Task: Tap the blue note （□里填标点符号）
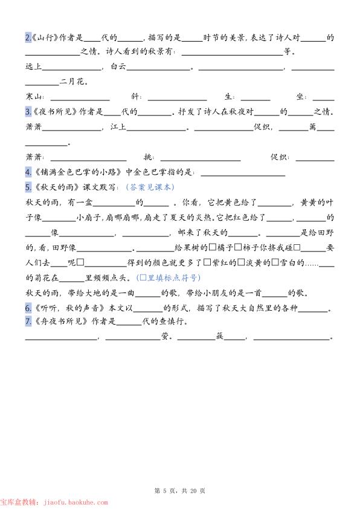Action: pos(169,278)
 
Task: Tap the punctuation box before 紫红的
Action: pos(207,263)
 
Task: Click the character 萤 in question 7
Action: pos(166,337)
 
